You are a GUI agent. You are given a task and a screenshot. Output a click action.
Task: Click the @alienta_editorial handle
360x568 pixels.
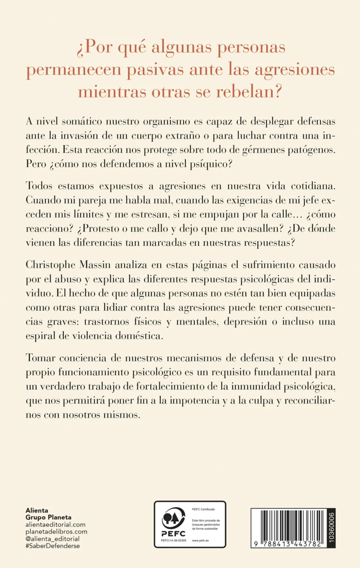pyautogui.click(x=52, y=539)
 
